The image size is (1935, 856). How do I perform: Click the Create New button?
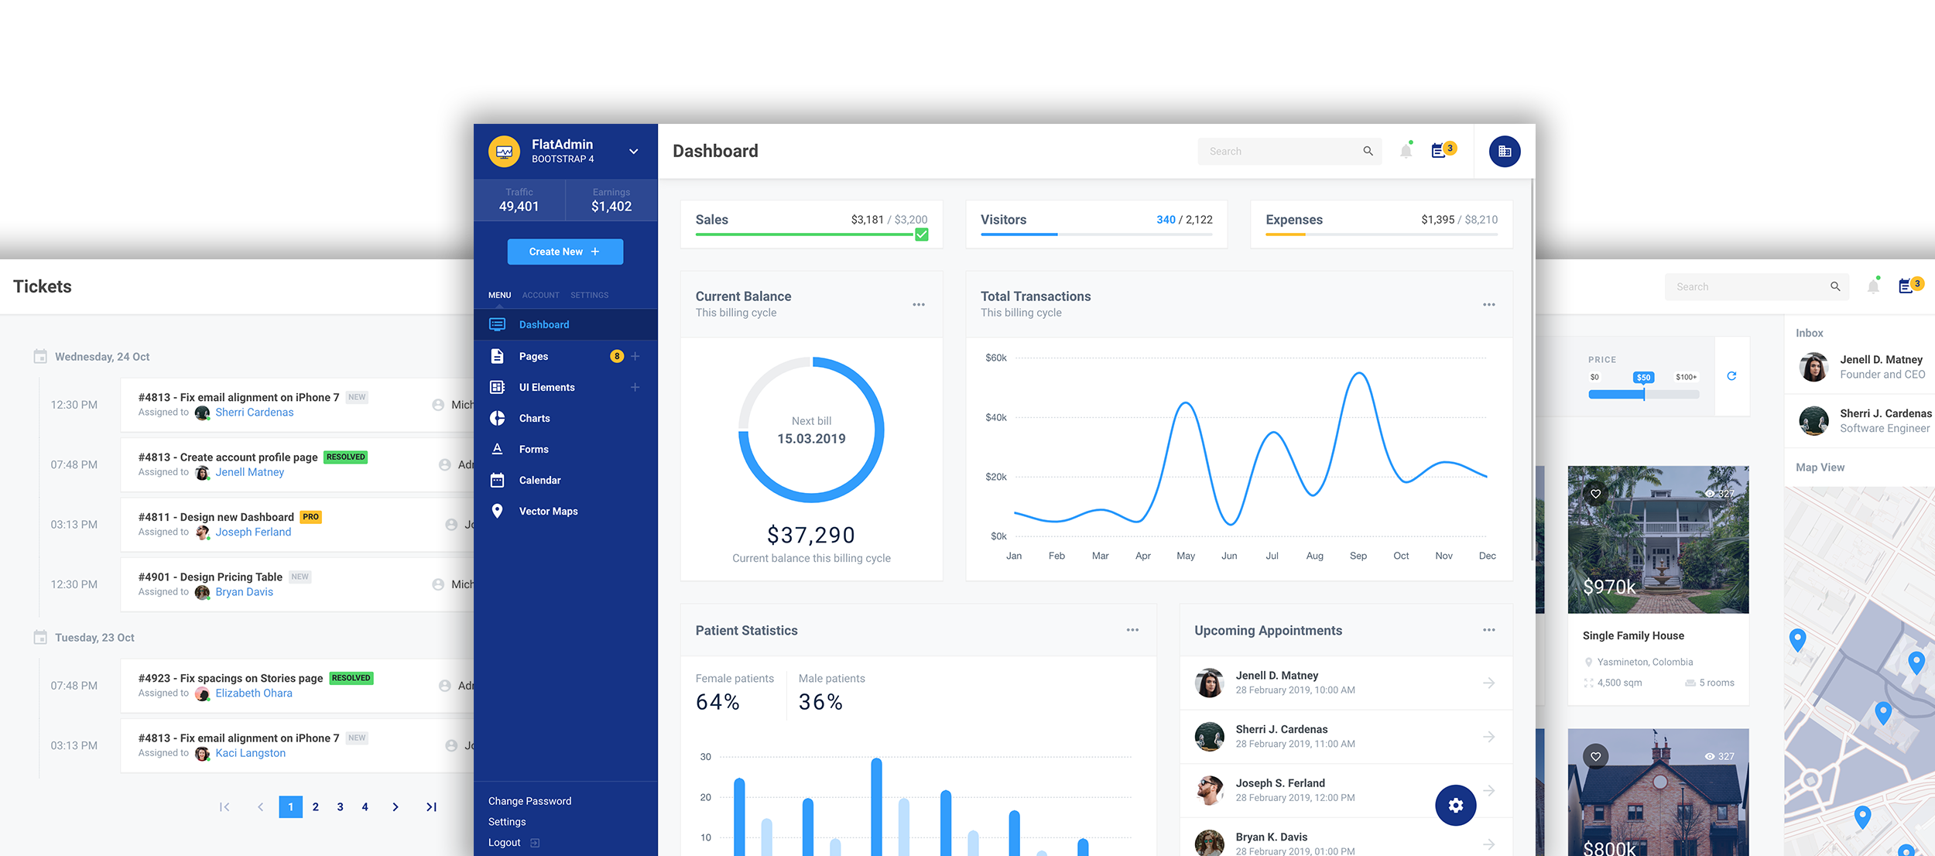565,252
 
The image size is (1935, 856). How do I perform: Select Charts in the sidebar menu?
534,418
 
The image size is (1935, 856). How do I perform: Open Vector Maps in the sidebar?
548,511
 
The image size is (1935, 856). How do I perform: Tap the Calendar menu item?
539,480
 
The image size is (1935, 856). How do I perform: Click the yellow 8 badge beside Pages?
617,356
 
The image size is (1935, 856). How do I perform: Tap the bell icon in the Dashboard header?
1406,151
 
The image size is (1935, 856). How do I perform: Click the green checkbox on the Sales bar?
921,235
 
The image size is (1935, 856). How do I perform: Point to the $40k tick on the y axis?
996,417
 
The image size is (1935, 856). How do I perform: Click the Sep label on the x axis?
1358,556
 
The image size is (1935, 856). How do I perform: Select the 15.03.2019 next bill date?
811,439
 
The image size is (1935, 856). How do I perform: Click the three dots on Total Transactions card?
1488,304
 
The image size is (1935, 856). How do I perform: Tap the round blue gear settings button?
1455,805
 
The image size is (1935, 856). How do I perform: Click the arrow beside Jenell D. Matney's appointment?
1488,683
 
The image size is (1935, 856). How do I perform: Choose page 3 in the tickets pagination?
340,806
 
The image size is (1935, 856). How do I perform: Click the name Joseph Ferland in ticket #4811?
253,532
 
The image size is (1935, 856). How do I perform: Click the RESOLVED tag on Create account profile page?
345,457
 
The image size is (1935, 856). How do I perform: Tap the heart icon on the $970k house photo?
1595,494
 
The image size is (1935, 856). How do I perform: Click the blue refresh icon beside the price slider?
1731,376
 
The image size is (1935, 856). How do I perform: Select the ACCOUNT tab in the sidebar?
540,295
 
